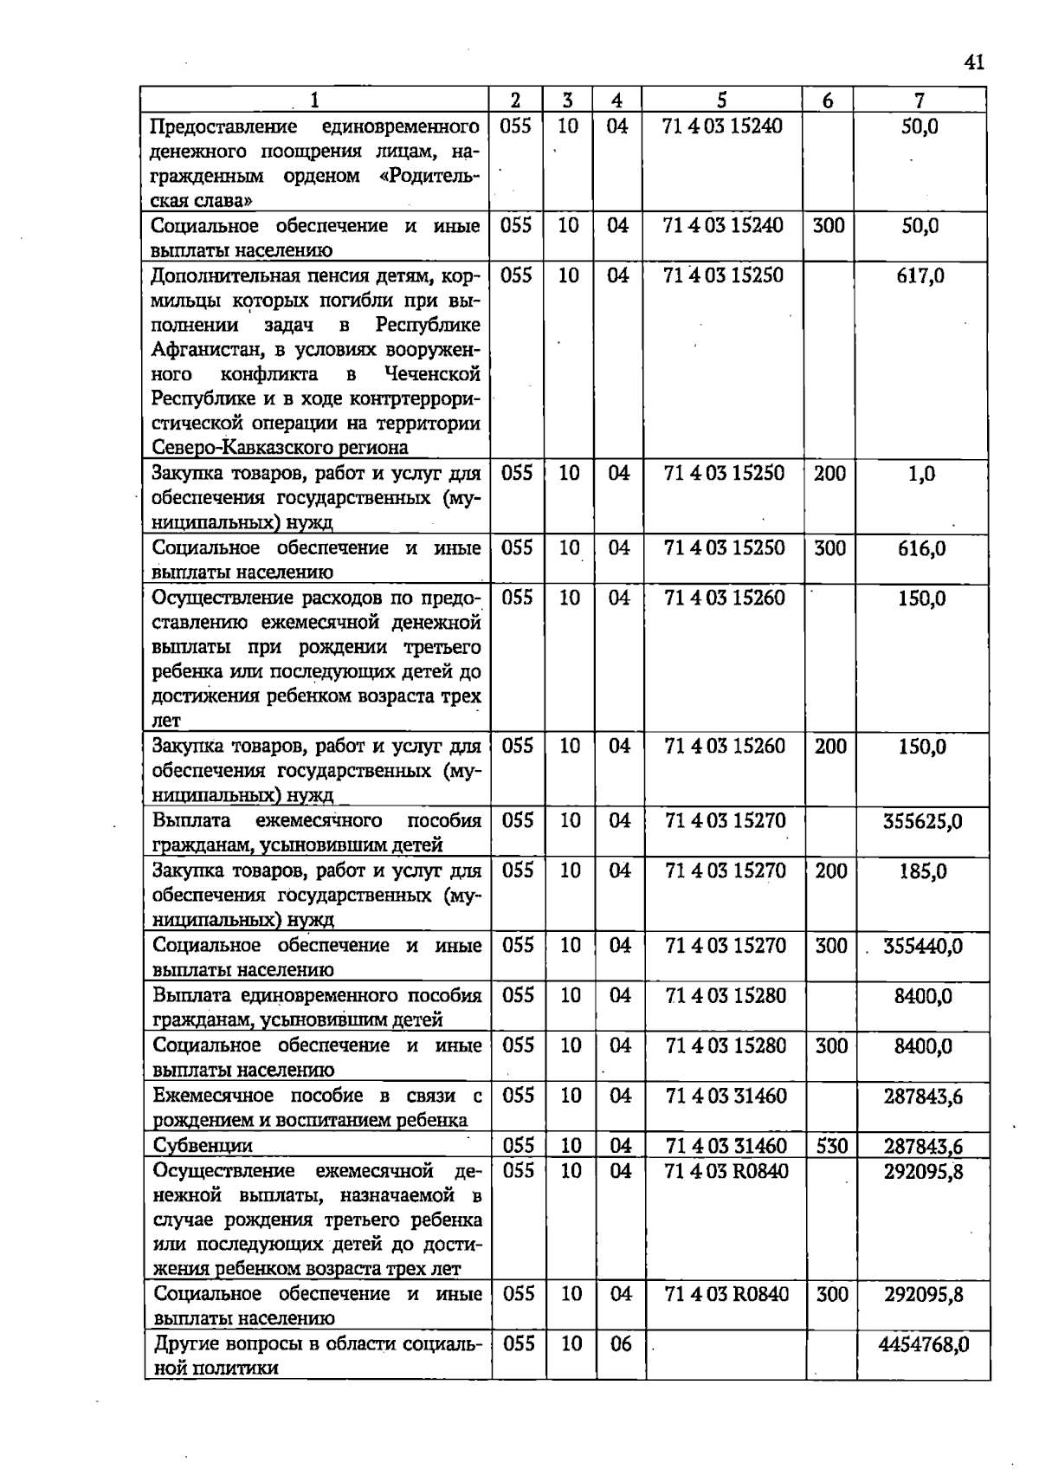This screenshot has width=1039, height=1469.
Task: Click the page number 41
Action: coord(973,62)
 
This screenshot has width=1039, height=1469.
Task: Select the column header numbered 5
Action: coord(722,100)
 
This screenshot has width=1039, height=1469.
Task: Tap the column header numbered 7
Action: coord(920,100)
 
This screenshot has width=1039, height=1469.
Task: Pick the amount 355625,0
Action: coord(922,820)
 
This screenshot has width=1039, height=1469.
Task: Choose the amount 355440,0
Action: coord(922,945)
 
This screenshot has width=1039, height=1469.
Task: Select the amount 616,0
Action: coord(921,548)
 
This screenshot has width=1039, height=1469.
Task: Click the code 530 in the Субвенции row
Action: coord(831,1146)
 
